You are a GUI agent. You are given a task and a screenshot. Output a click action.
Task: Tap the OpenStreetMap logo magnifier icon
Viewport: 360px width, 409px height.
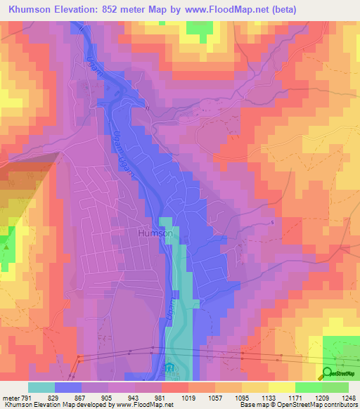tap(328, 373)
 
